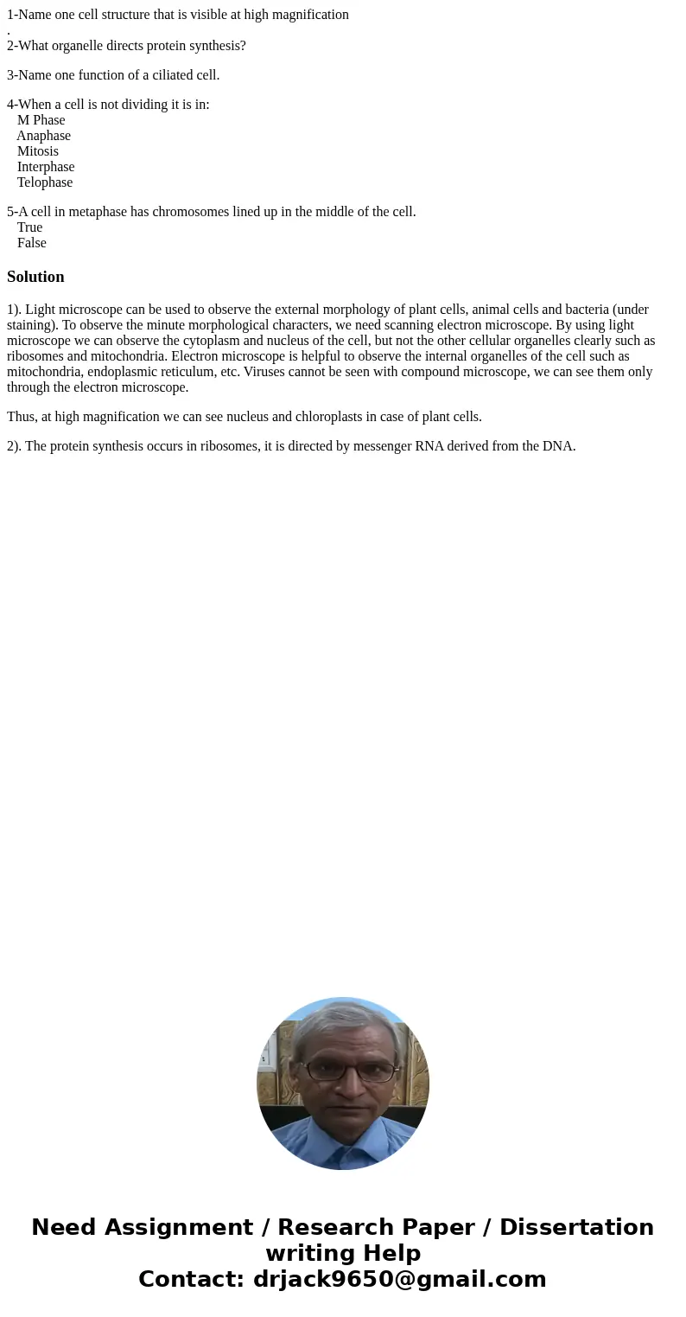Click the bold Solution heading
pyautogui.click(x=35, y=277)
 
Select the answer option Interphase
pyautogui.click(x=46, y=167)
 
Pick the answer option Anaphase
pyautogui.click(x=43, y=136)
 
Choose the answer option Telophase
pyautogui.click(x=45, y=182)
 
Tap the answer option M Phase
pyautogui.click(x=41, y=120)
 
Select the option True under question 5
pyautogui.click(x=29, y=227)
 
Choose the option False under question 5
pyautogui.click(x=32, y=243)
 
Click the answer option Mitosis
pyautogui.click(x=38, y=151)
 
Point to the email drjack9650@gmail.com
pyautogui.click(x=399, y=1279)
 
